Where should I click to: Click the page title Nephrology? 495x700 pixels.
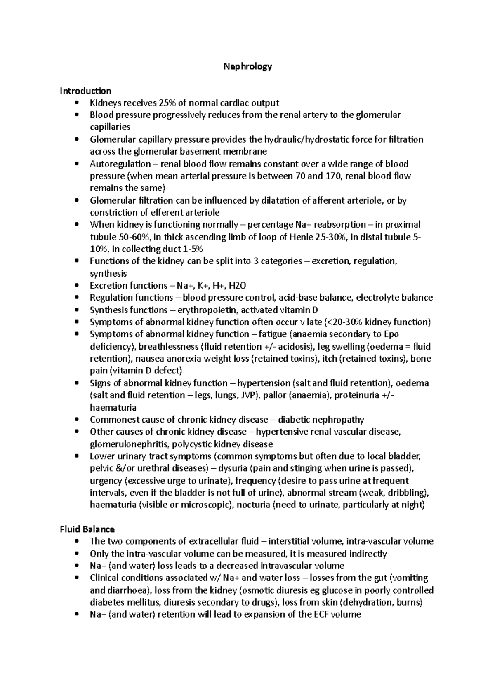(x=247, y=66)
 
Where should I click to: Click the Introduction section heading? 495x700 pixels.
(x=85, y=91)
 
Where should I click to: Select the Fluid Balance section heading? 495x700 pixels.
(x=87, y=529)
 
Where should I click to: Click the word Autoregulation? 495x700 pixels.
(x=120, y=164)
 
